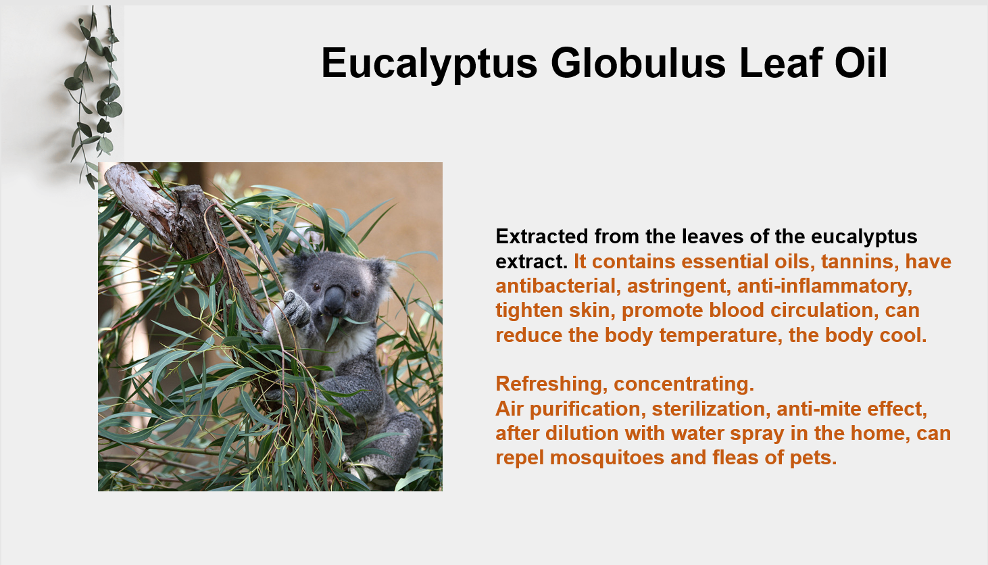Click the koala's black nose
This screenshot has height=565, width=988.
335,300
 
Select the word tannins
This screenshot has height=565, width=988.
860,262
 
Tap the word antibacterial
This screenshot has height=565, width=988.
555,286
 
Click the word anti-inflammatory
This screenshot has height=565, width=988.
824,287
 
